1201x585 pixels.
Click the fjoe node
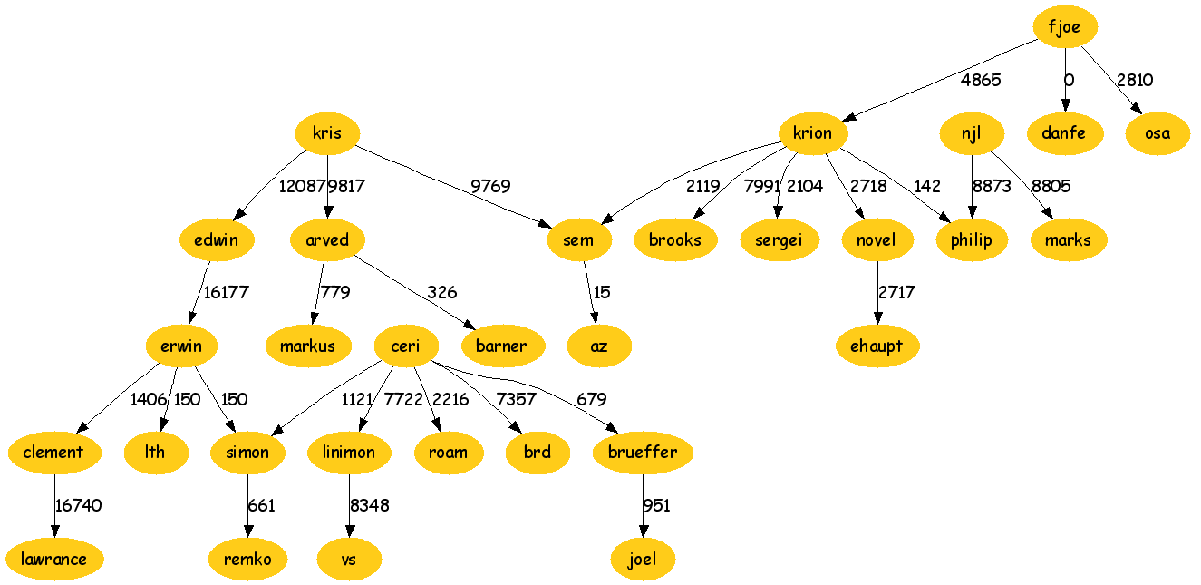tap(1064, 27)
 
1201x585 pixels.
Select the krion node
tap(812, 133)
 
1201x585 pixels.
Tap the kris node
tap(327, 133)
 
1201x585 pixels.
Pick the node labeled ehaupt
tap(877, 346)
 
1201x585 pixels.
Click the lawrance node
tap(54, 559)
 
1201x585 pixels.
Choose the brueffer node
tap(644, 452)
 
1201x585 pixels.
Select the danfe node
tap(1064, 133)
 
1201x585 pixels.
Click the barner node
tap(501, 346)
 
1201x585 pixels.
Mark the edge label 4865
tap(981, 80)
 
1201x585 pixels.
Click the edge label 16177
tap(226, 292)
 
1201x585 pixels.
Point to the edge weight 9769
tap(489, 186)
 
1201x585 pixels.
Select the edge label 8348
tap(370, 505)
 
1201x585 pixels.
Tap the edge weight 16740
tap(79, 505)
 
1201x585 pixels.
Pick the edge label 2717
tap(896, 292)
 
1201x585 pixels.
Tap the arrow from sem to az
tap(590, 292)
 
